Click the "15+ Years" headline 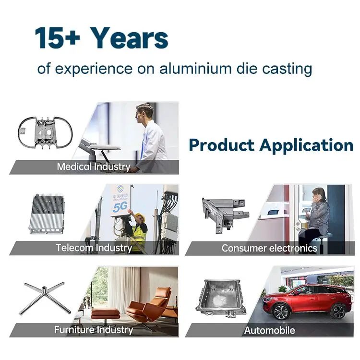tap(101, 38)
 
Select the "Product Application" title tap(271, 144)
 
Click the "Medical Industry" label tap(94, 167)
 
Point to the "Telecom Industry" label tap(94, 248)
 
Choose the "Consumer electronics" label tap(269, 248)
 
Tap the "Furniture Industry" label tap(94, 330)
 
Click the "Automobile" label tap(269, 330)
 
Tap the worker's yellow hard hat tap(139, 216)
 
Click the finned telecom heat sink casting tap(47, 214)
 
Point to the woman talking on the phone tap(316, 216)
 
